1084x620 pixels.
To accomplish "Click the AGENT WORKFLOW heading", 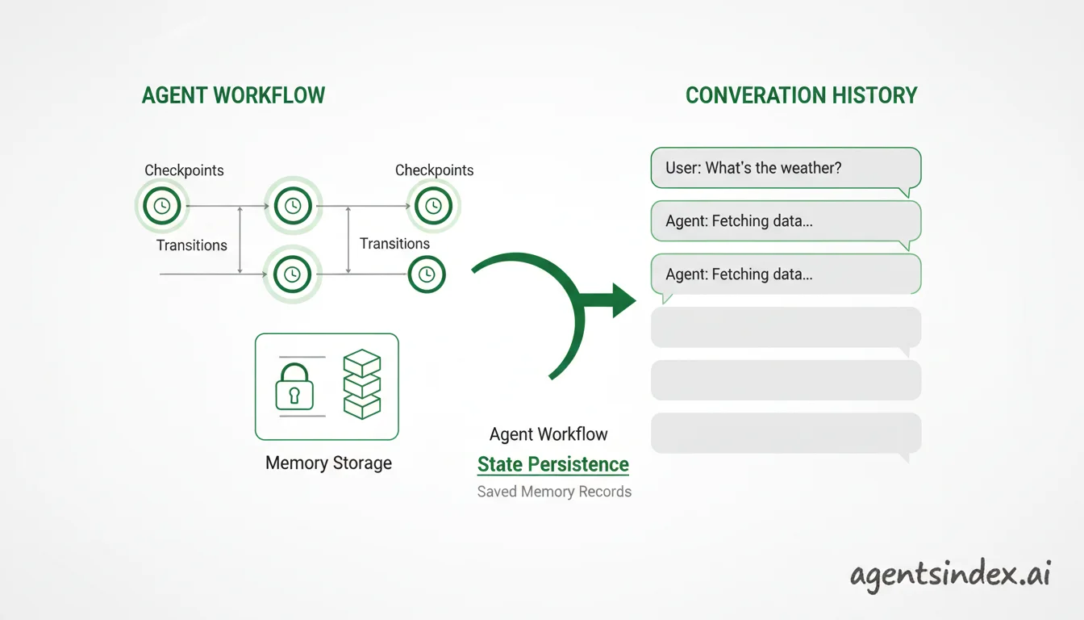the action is (x=233, y=95).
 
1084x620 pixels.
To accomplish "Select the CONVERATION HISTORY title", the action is (x=802, y=95).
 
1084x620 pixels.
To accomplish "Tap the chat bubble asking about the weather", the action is (x=786, y=168).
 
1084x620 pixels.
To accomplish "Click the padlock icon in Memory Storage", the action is (x=294, y=387).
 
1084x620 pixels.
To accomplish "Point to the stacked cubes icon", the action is (x=362, y=384).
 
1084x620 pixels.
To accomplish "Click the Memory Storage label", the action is (x=328, y=463).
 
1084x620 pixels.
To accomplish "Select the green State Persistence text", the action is (x=553, y=464).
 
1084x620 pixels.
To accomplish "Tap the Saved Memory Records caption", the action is (x=554, y=492).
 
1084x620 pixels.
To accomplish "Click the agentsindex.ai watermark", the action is (x=950, y=576).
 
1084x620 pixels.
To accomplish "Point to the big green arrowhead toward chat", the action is (x=623, y=300).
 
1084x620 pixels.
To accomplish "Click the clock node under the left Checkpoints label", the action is (x=162, y=206).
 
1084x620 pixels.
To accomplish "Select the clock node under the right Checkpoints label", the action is (x=433, y=206).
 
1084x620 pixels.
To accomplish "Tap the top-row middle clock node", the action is (x=293, y=206).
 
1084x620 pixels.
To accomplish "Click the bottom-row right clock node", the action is (x=427, y=274).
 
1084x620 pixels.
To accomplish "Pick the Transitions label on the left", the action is (x=192, y=245).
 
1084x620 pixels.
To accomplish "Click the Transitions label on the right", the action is (x=394, y=244).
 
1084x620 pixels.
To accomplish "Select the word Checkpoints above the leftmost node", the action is (x=184, y=170).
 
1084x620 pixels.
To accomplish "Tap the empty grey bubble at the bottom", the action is (x=786, y=434).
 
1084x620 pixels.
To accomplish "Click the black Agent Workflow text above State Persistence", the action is (x=548, y=434).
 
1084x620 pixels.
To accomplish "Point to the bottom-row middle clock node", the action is (x=292, y=274).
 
